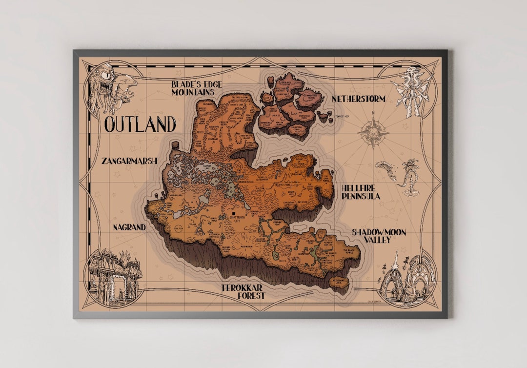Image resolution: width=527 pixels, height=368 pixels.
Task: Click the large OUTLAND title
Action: pyautogui.click(x=140, y=124)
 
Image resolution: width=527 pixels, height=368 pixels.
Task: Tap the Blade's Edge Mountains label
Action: pyautogui.click(x=196, y=88)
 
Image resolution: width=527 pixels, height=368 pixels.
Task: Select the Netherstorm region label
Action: pyautogui.click(x=359, y=99)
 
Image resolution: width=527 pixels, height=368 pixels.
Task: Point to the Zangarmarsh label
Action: pyautogui.click(x=129, y=160)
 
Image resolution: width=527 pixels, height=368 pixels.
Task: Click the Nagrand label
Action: pyautogui.click(x=129, y=227)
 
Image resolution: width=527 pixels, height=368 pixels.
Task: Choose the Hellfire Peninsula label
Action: pyautogui.click(x=361, y=191)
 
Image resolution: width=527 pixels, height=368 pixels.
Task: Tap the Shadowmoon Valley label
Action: pyautogui.click(x=379, y=236)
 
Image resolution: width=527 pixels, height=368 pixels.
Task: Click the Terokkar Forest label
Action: pyautogui.click(x=243, y=291)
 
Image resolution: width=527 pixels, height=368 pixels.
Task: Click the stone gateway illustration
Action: pyautogui.click(x=113, y=276)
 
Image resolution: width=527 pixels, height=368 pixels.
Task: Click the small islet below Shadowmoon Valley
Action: pyautogui.click(x=340, y=282)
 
